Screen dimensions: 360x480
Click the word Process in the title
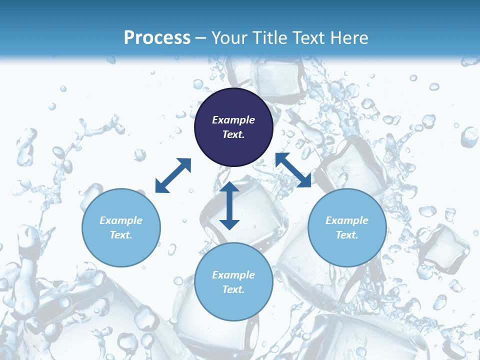coord(157,38)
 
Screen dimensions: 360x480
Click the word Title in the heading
coord(269,38)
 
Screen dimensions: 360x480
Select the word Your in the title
coord(228,38)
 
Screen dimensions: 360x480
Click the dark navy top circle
coord(233,105)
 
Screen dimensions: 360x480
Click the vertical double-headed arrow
coord(229,205)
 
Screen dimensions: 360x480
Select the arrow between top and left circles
coord(173,175)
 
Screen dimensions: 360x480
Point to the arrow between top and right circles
coord(293,170)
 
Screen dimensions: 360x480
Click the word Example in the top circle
coord(233,120)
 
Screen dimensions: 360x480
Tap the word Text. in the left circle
coord(121,235)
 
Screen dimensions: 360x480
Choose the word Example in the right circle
coord(347,220)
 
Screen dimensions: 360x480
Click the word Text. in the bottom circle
coord(233,289)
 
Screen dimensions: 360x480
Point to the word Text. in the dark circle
coord(233,134)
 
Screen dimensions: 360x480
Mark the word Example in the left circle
coord(121,220)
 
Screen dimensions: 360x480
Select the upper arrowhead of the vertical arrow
coord(229,187)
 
